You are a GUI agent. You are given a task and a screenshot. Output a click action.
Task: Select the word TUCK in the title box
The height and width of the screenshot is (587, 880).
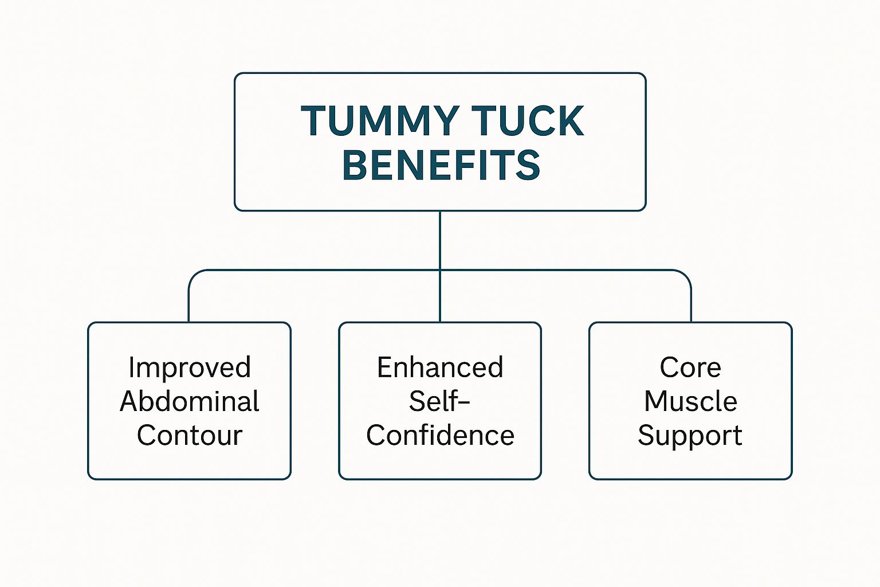528,122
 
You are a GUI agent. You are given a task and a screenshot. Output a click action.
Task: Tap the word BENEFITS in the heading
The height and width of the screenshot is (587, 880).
441,165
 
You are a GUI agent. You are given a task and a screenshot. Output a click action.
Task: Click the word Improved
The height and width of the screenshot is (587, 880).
190,367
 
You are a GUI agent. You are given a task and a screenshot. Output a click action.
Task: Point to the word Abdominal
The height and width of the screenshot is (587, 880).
190,401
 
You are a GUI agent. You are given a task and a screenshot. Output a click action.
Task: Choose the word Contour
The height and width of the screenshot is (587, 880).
190,435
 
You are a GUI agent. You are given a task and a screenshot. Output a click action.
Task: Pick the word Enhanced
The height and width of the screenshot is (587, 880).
440,367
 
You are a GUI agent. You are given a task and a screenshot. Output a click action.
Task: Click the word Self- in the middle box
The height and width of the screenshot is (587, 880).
439,401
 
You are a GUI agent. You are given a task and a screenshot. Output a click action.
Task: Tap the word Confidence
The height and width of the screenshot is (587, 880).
440,435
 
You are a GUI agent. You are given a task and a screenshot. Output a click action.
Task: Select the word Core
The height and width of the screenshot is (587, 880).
690,367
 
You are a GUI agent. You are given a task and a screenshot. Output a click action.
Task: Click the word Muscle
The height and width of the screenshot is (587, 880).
690,401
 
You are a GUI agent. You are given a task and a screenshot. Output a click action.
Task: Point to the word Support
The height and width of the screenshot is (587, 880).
690,435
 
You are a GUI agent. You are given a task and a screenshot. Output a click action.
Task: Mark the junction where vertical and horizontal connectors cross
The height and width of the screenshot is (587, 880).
440,270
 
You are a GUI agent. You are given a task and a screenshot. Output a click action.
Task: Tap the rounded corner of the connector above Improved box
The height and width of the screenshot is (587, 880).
194,275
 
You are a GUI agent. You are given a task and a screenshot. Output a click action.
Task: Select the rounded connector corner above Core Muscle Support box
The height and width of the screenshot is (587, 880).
686,275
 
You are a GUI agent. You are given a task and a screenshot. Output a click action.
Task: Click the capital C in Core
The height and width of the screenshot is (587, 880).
669,367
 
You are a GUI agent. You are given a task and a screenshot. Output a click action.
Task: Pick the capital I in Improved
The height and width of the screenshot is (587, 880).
132,367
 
